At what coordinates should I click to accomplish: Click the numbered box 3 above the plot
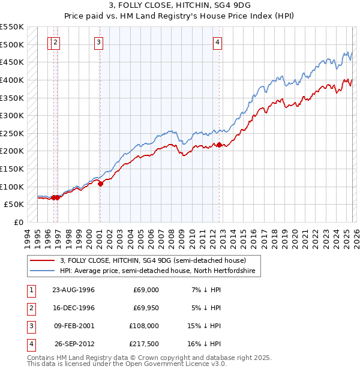point(98,42)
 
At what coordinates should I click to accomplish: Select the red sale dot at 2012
point(220,145)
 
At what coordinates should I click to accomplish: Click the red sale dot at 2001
point(100,184)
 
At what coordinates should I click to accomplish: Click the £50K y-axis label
point(14,205)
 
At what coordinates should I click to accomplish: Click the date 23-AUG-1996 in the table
point(74,290)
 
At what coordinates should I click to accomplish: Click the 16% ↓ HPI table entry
point(206,344)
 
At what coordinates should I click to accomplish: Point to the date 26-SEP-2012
point(74,344)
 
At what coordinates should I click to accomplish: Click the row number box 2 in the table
point(30,308)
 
